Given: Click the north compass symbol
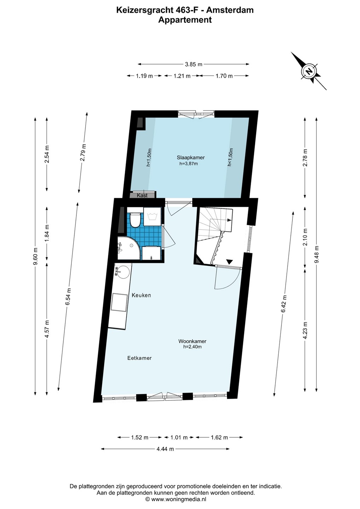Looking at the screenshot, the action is click(309, 71).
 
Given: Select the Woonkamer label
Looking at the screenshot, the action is click(192, 341).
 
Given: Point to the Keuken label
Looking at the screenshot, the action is click(141, 295).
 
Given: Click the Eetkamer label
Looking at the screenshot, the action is click(139, 358).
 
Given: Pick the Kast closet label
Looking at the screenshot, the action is click(142, 195).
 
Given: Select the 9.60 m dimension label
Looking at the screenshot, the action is click(35, 256).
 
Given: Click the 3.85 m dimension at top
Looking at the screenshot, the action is click(193, 64).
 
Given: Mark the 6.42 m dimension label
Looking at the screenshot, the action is click(284, 304).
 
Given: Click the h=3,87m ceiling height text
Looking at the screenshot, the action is click(188, 163).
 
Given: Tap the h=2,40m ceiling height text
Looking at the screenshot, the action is click(192, 347).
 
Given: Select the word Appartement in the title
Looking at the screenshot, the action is click(185, 20).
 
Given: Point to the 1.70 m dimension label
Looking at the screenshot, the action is click(224, 76).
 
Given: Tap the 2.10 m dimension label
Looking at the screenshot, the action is click(305, 237).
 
